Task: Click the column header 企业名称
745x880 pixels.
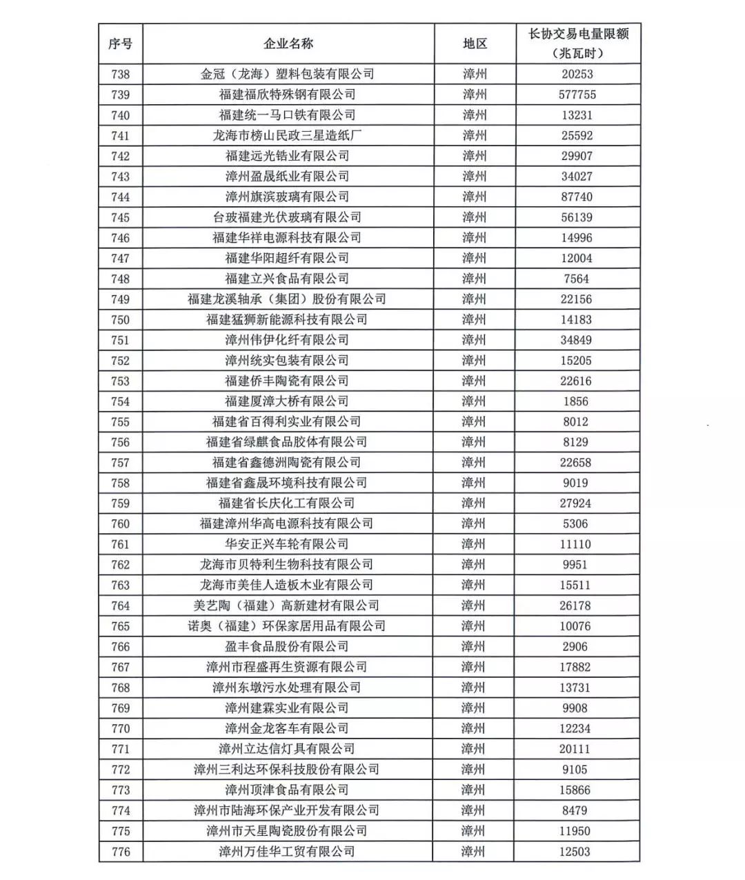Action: (288, 43)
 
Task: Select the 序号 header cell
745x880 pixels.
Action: (120, 43)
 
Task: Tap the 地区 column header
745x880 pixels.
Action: (475, 43)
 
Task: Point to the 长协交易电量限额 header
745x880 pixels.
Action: (578, 43)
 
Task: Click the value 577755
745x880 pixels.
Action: (577, 94)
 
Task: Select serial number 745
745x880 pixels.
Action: (120, 217)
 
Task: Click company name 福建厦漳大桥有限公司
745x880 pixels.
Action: (287, 401)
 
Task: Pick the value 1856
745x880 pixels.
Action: (575, 401)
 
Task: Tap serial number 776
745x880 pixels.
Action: (120, 852)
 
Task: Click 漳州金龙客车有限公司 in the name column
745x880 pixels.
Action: (287, 728)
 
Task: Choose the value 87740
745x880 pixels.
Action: (576, 197)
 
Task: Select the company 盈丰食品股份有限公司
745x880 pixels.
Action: (287, 646)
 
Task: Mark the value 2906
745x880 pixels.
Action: (575, 646)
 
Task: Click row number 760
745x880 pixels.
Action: (120, 523)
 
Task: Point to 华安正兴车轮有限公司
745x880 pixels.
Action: (287, 544)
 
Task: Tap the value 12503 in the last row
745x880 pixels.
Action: (575, 852)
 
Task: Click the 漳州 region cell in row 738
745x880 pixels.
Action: (475, 74)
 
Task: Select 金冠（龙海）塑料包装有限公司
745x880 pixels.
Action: (287, 74)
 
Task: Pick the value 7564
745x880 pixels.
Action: (575, 279)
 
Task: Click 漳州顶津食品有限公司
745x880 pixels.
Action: (287, 790)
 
